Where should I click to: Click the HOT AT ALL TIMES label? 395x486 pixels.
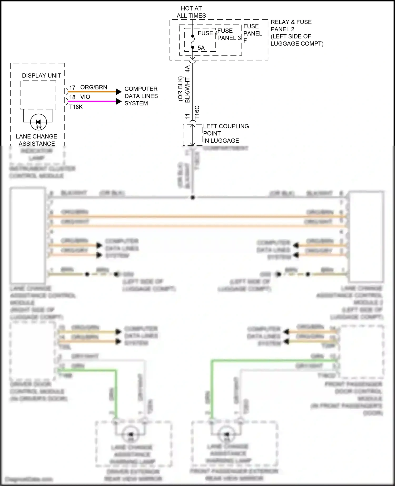pos(191,12)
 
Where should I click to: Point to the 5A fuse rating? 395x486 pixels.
pos(201,48)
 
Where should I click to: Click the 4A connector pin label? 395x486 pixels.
pos(187,69)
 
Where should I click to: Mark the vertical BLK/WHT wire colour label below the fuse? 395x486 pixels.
pos(187,90)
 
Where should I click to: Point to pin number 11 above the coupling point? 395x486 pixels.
pos(187,116)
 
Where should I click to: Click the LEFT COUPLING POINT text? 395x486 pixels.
pos(226,133)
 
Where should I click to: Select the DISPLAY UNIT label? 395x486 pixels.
pos(41,76)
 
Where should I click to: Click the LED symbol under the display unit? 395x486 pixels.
pos(38,122)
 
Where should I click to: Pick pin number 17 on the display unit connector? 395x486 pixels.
pos(72,87)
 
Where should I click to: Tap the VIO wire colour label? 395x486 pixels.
pos(85,97)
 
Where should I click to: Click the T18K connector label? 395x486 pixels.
pos(76,107)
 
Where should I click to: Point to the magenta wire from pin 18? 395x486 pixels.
pos(92,101)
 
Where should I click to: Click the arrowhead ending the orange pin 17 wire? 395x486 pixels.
pos(119,92)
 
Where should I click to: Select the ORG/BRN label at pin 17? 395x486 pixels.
pos(93,87)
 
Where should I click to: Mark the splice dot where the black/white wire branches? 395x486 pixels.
pos(192,197)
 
